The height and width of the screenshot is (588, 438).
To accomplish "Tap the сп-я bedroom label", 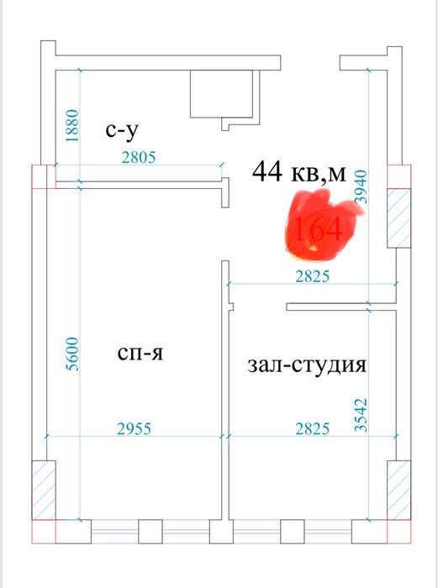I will click(140, 354).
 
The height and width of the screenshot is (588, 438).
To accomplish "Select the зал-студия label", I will click(308, 365).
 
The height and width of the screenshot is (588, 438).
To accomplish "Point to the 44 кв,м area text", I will click(298, 172).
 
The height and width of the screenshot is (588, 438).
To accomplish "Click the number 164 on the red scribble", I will click(314, 229).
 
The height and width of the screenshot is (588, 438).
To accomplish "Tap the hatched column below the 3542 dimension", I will click(398, 491).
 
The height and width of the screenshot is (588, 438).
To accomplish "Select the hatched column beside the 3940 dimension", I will click(398, 218).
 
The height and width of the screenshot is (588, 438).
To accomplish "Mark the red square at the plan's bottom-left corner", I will click(43, 532).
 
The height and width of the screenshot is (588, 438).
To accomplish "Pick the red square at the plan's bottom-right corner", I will click(400, 532).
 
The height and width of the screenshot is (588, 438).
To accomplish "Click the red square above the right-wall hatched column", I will click(398, 177).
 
